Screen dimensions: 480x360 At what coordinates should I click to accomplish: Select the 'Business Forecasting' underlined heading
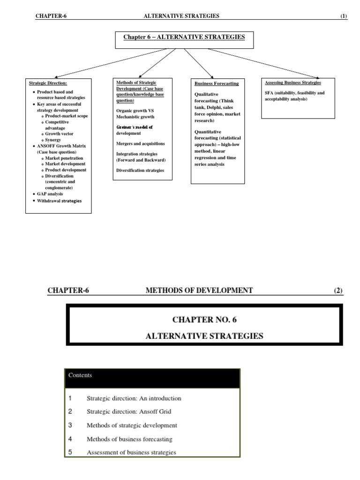(217, 83)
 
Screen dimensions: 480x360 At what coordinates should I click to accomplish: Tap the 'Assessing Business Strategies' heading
(293, 82)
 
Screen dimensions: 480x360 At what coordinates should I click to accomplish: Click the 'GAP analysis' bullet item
(50, 194)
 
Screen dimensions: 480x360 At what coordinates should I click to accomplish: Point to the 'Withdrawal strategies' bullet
(60, 201)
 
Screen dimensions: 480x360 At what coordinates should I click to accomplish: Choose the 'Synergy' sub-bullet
(53, 140)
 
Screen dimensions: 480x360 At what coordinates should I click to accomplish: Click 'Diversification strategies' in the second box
(140, 170)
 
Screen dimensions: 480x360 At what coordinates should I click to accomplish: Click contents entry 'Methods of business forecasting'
(129, 439)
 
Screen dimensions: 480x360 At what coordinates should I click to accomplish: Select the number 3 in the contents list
(70, 425)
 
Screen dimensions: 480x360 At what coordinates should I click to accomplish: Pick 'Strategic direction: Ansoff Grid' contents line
(129, 412)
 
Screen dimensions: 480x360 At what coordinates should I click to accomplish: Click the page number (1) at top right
(344, 16)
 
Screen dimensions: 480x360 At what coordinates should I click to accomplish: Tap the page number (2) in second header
(338, 290)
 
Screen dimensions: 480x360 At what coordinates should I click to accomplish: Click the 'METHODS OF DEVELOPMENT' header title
(199, 290)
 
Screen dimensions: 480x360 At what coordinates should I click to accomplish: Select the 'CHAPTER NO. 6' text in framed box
(204, 320)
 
